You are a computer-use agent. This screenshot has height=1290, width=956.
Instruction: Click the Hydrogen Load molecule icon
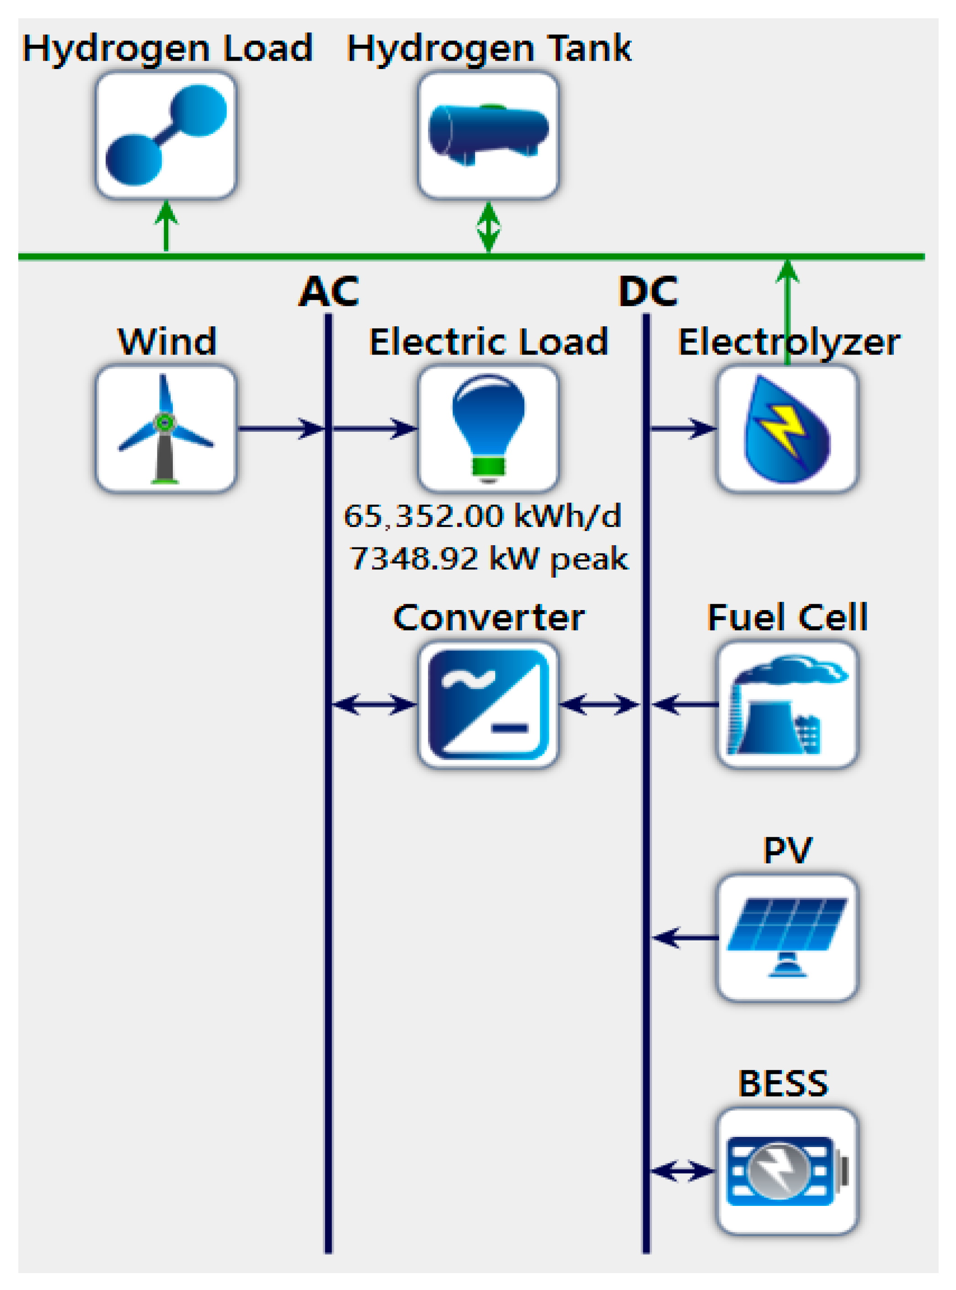166,135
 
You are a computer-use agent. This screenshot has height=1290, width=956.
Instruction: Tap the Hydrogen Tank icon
488,135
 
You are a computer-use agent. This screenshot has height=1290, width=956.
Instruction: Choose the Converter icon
488,705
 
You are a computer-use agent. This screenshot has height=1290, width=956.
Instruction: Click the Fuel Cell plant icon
787,705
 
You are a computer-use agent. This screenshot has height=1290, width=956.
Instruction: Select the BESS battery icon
787,1171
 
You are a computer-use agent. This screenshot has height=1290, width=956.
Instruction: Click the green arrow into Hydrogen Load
166,226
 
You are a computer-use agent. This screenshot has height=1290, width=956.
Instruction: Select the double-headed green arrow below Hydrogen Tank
488,227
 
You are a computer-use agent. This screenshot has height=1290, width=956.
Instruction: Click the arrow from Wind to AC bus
281,429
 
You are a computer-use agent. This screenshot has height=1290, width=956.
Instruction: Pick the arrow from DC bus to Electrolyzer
683,429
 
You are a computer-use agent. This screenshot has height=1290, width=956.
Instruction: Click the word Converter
488,618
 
